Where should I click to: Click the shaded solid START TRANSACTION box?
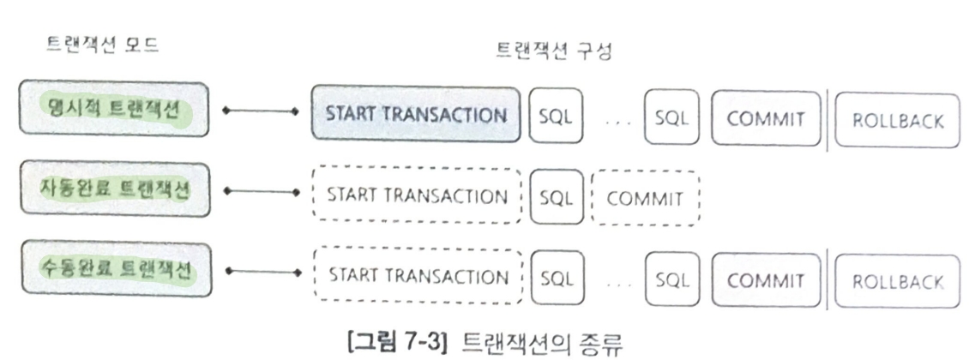415,114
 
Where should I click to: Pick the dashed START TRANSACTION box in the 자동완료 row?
418,196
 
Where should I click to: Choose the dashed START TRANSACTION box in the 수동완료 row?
418,278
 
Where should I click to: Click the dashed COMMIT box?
645,198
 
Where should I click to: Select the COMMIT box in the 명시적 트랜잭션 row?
765,117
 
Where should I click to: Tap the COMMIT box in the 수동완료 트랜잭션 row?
765,281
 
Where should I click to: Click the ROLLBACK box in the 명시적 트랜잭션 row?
898,119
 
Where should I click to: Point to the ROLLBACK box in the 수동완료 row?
898,283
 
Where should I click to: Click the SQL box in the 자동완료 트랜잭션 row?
556,197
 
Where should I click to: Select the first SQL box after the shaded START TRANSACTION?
556,116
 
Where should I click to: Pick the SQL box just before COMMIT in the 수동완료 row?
671,280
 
